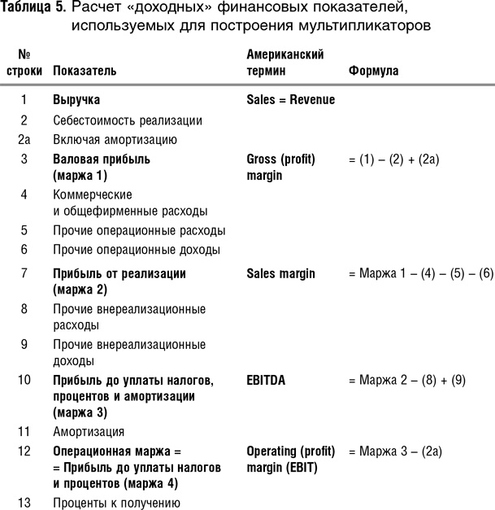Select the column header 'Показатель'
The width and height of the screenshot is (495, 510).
(x=85, y=71)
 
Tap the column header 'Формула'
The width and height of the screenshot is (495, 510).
(x=373, y=71)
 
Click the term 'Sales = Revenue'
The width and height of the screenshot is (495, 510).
(x=290, y=100)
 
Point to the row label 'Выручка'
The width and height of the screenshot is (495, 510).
(x=76, y=100)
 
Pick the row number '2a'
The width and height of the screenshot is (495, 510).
(x=24, y=139)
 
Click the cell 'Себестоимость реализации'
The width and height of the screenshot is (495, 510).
(x=128, y=120)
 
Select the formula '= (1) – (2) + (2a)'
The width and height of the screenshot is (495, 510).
(x=393, y=159)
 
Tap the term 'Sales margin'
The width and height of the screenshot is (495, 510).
(x=280, y=273)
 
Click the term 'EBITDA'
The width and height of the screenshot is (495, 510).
(x=266, y=381)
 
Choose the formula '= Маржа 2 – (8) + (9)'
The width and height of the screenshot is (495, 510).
(x=406, y=381)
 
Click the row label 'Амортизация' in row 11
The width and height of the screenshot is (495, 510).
(x=89, y=431)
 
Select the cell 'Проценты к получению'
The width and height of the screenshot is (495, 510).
(x=115, y=503)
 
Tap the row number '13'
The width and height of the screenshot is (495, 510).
(x=24, y=503)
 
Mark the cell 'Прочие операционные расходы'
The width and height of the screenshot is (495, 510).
(x=139, y=230)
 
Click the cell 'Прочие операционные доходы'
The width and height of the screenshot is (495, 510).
(x=137, y=250)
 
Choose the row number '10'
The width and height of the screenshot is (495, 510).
(x=24, y=381)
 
